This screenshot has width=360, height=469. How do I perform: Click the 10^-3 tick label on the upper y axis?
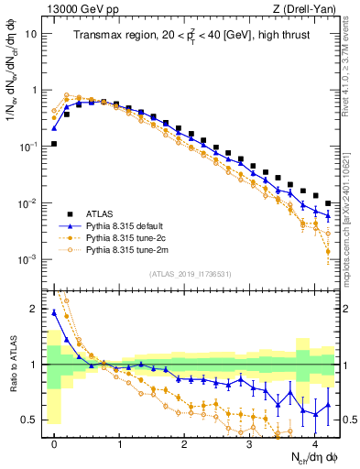pos(29,259)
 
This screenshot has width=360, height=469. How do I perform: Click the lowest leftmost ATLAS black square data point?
pos(55,144)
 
